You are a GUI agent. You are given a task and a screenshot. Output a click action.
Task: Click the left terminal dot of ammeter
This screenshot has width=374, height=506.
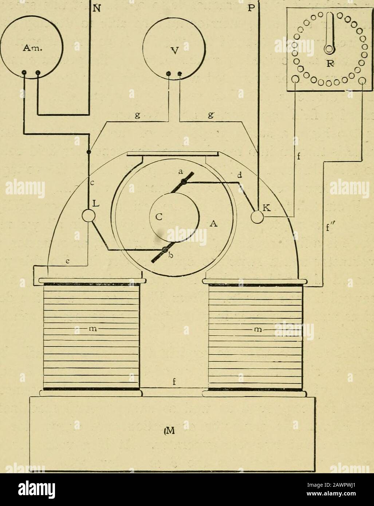[x=24, y=72]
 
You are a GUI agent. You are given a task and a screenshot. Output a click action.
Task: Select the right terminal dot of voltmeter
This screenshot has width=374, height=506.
[x=180, y=74]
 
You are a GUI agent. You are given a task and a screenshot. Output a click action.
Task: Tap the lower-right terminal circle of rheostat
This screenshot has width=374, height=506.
[x=362, y=80]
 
